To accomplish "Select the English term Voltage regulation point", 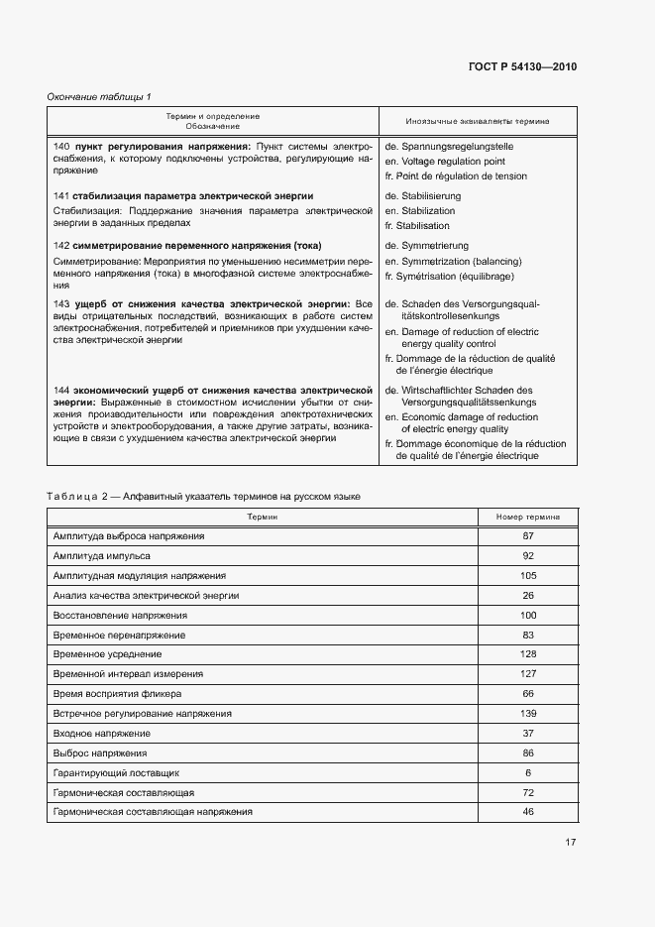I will [x=451, y=161].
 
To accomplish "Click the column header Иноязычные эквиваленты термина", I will [x=477, y=121].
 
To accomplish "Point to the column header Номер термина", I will [x=528, y=517].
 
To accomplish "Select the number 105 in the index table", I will [x=528, y=575].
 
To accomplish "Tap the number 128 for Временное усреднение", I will [x=528, y=654].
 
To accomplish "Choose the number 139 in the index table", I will [x=528, y=713].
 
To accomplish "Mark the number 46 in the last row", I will [x=528, y=811].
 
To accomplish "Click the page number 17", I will [x=571, y=843].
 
